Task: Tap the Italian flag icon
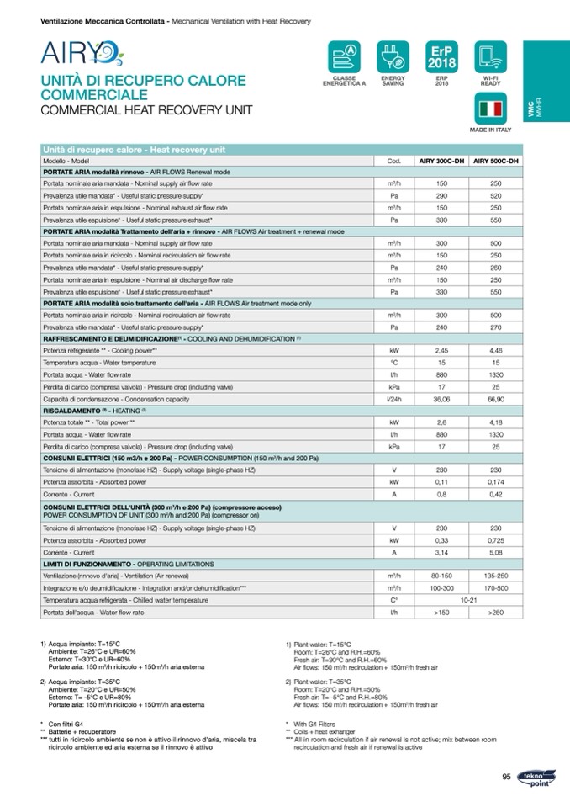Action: coord(489,110)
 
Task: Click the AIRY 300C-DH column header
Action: coord(442,160)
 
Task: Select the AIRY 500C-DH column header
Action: coord(496,160)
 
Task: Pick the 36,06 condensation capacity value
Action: coord(442,398)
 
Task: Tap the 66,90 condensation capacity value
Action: coord(496,398)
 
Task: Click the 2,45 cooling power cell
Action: coord(442,350)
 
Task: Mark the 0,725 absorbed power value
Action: coord(496,540)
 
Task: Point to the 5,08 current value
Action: coord(496,552)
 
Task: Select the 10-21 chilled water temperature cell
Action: coord(469,600)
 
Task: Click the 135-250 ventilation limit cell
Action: coord(496,576)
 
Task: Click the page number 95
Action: coord(506,776)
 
